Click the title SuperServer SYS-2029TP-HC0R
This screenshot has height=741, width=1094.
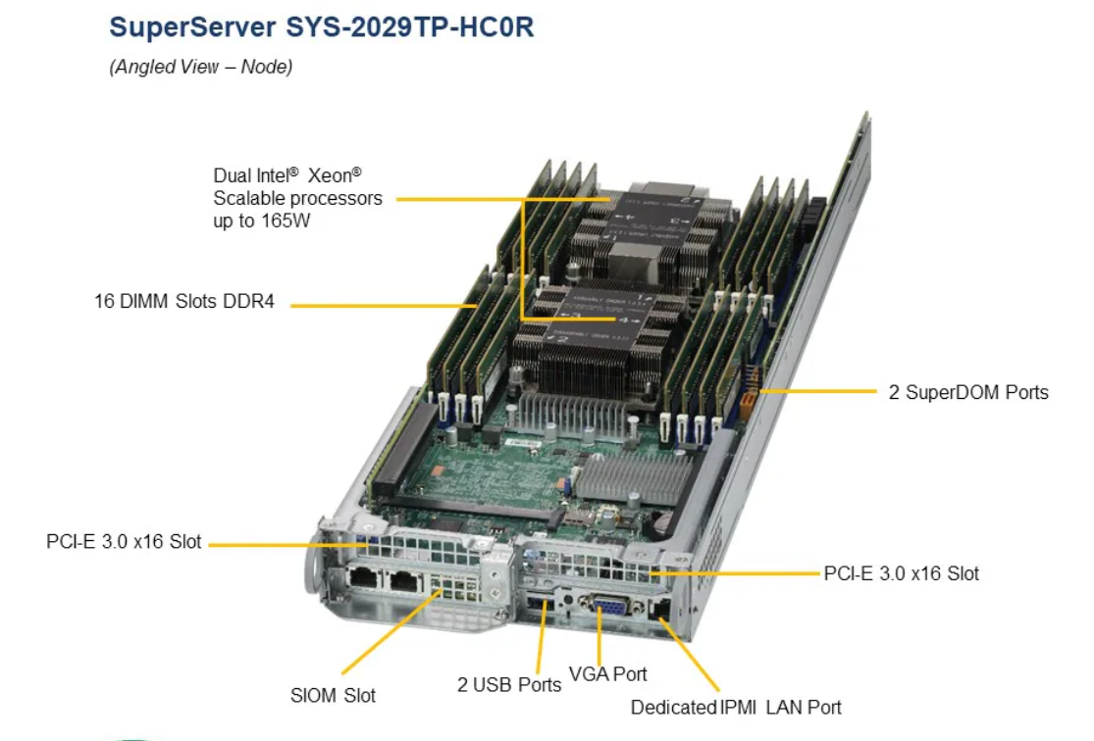[x=321, y=26]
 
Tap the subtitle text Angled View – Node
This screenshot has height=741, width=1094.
[x=200, y=67]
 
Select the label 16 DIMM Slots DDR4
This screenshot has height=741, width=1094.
[x=184, y=302]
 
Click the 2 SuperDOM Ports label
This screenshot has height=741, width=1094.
[x=968, y=392]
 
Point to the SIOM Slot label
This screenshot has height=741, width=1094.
[x=333, y=695]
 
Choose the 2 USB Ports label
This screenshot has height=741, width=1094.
[x=508, y=684]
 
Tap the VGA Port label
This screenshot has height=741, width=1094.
[x=608, y=674]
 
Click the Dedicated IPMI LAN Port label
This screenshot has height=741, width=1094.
[x=736, y=707]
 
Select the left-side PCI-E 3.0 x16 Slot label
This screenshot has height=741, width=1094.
[x=124, y=541]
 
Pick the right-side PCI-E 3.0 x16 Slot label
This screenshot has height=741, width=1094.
[x=901, y=572]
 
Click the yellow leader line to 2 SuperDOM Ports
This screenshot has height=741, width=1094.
[x=819, y=392]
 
